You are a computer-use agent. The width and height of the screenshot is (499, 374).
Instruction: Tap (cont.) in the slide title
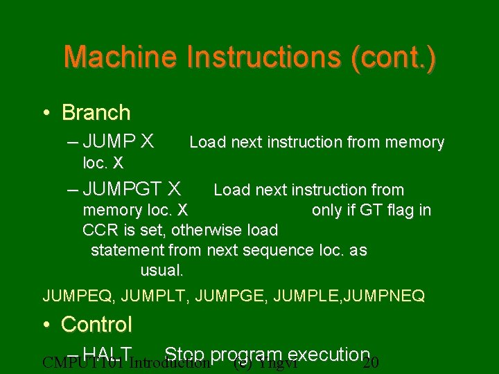pyautogui.click(x=394, y=57)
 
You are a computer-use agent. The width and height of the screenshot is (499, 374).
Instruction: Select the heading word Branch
pyautogui.click(x=96, y=112)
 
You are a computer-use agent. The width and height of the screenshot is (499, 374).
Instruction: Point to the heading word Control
pyautogui.click(x=96, y=323)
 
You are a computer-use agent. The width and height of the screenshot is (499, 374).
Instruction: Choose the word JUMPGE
pyautogui.click(x=231, y=296)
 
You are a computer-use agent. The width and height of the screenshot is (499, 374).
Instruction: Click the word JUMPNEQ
pyautogui.click(x=390, y=296)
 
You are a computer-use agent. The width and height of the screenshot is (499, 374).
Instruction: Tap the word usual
pyautogui.click(x=161, y=269)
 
